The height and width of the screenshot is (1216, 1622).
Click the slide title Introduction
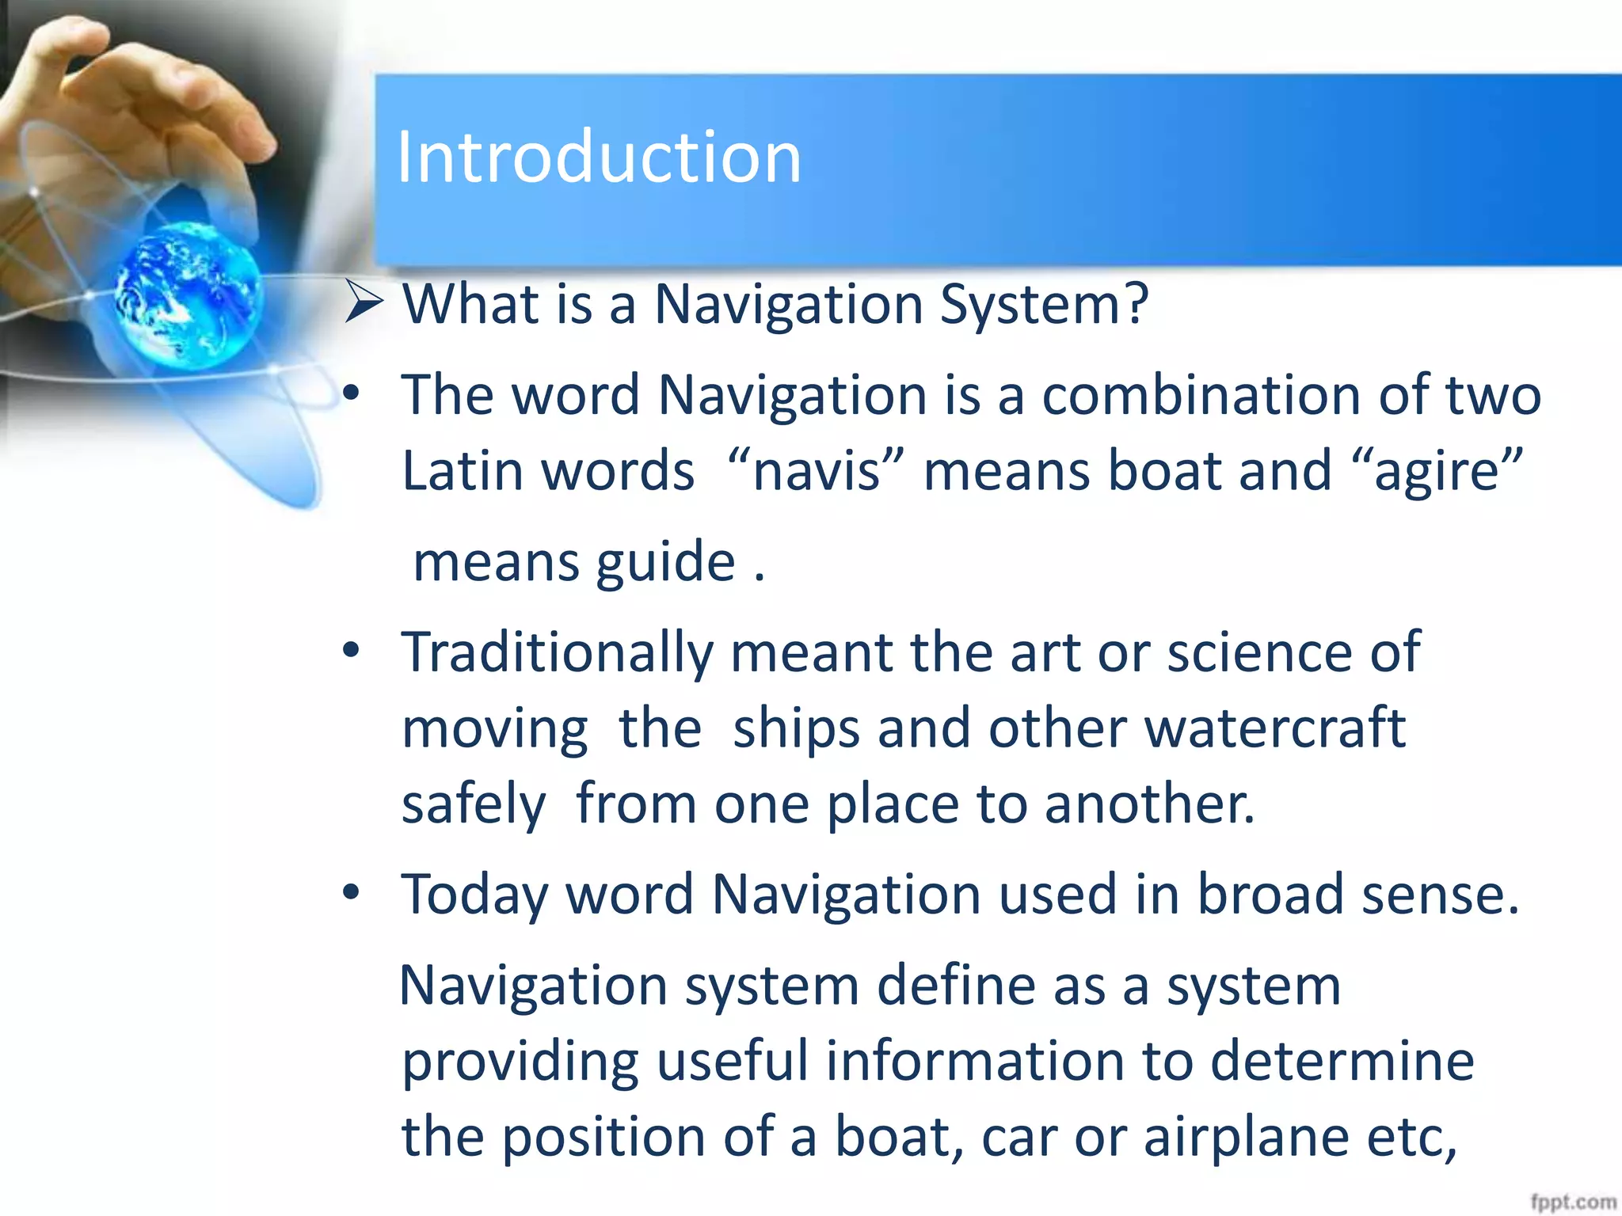coord(599,158)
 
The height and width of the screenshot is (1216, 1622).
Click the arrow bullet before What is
coord(364,303)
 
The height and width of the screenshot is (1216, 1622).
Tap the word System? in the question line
coord(1043,305)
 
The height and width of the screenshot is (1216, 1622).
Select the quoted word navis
coord(817,471)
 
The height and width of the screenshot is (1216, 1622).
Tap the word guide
coord(665,563)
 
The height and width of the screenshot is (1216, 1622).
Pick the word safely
coord(473,804)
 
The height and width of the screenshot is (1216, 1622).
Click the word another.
coord(1148,804)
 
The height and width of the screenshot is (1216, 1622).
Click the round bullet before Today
coord(351,893)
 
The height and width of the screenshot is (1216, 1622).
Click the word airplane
coord(1246,1137)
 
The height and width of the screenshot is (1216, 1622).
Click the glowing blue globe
coord(188,294)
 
